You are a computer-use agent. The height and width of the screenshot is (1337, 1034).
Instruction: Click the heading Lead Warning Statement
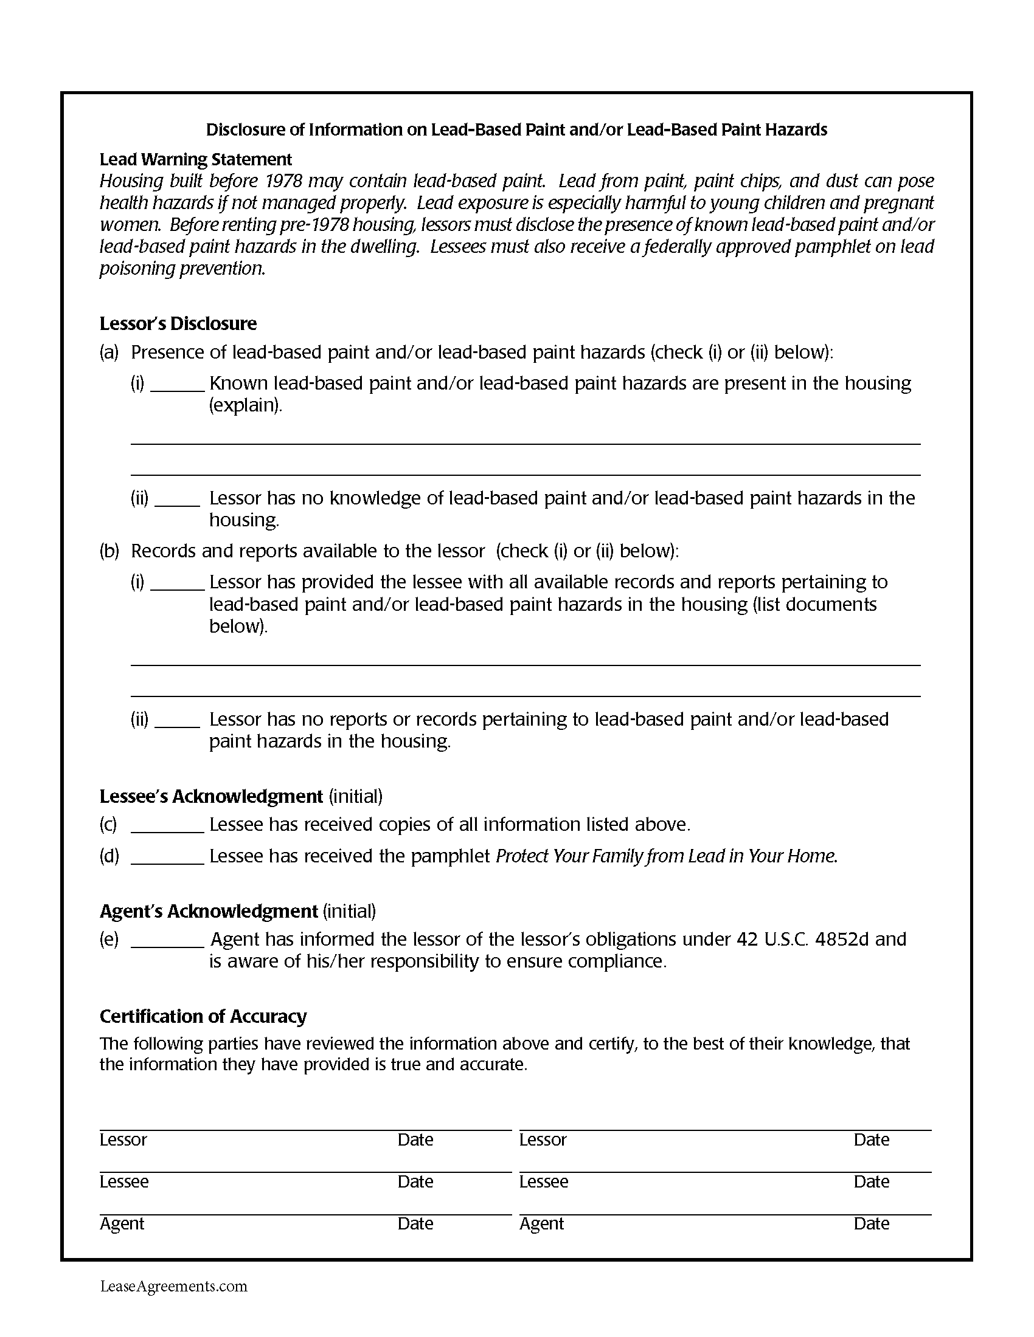(x=195, y=159)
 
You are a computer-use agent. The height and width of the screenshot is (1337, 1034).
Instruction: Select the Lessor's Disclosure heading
(x=178, y=323)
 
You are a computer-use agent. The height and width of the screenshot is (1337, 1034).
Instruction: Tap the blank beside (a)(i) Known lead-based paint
(x=177, y=385)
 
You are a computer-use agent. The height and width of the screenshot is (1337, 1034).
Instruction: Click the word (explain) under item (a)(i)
(x=246, y=405)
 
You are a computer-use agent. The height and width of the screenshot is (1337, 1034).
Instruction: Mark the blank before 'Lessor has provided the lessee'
(x=177, y=583)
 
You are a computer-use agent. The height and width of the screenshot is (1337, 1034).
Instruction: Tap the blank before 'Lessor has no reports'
(x=177, y=721)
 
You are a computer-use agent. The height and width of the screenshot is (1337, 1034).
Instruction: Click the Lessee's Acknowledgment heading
(x=210, y=796)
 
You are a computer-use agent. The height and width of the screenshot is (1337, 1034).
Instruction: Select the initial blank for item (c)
(x=167, y=826)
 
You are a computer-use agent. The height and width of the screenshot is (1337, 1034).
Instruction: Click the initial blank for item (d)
(x=167, y=857)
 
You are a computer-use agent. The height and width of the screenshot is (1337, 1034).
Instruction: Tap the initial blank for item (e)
(x=167, y=940)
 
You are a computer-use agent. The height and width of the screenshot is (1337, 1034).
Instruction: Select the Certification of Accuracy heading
(x=203, y=1016)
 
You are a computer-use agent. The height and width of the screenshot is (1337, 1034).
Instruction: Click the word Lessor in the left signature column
(x=123, y=1140)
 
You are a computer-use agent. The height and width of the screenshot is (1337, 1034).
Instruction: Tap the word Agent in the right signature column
(x=541, y=1224)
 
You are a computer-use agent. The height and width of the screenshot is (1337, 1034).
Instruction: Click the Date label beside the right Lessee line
(x=871, y=1181)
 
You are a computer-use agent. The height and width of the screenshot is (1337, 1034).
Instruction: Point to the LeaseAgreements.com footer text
(x=174, y=1286)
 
